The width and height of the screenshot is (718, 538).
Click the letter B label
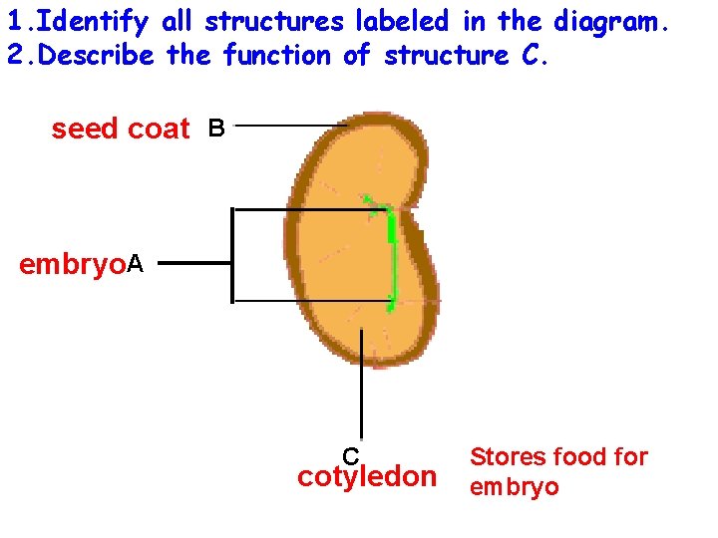coord(216,128)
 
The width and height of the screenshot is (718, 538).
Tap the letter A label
coord(136,264)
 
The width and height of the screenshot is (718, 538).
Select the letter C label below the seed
coord(351,456)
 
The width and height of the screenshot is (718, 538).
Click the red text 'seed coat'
coord(120,129)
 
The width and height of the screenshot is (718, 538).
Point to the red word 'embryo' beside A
coord(73,265)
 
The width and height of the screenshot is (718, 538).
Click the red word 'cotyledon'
coord(367,477)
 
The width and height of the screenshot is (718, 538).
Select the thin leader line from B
coord(289,127)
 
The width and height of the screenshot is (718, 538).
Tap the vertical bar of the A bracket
coord(231,254)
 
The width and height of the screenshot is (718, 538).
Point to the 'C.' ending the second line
coord(535,55)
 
